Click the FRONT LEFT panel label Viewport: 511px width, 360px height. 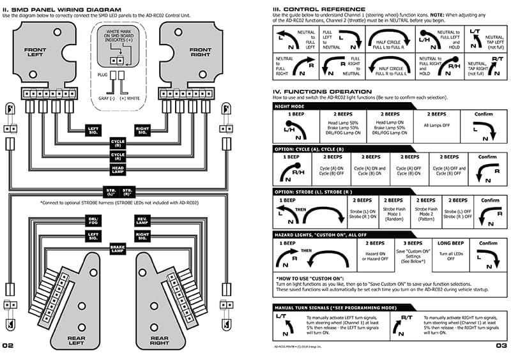pyautogui.click(x=36, y=52)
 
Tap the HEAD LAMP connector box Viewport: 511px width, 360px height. pyautogui.click(x=118, y=169)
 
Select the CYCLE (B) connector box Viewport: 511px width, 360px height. pyautogui.click(x=118, y=143)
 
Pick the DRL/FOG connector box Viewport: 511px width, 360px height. pyautogui.click(x=93, y=220)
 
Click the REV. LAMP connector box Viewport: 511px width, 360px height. pyautogui.click(x=142, y=220)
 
